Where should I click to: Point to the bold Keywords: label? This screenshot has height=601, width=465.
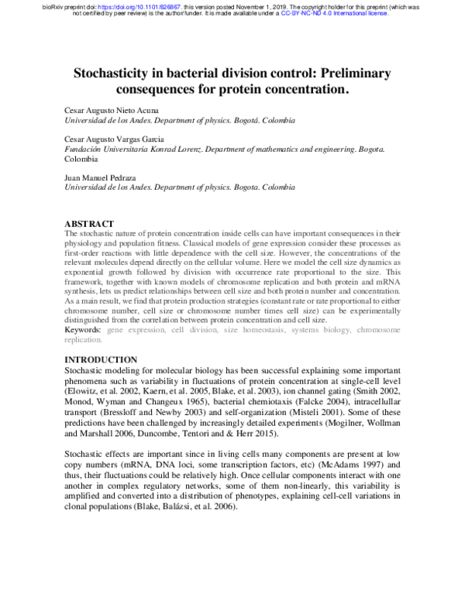83,330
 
